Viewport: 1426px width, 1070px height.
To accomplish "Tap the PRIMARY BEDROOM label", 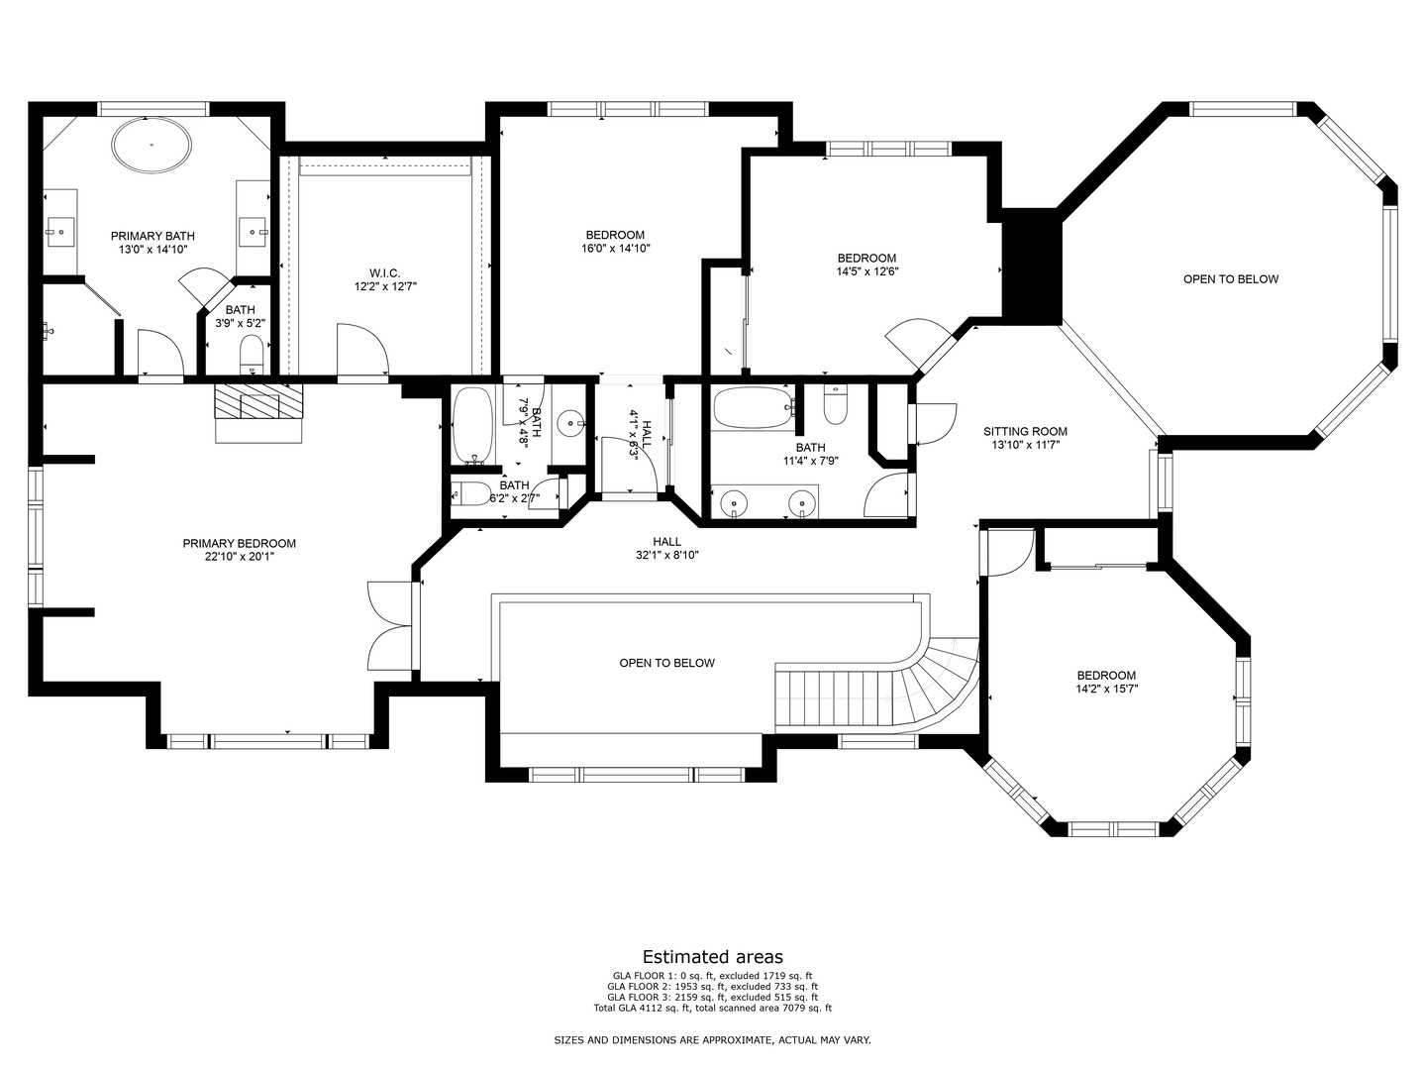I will (x=239, y=544).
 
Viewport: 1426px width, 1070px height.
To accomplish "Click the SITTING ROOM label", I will (x=1025, y=432).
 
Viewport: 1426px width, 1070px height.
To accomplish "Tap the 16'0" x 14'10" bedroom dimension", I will (x=615, y=249).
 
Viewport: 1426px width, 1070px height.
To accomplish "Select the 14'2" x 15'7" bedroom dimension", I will (x=1106, y=690).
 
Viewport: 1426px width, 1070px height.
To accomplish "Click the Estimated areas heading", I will (x=712, y=957).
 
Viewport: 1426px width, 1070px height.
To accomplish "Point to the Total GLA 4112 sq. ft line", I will (x=712, y=1009).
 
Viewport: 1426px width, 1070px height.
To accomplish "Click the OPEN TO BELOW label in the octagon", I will (x=1230, y=279).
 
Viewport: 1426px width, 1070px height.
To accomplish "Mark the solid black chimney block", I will (x=1032, y=265).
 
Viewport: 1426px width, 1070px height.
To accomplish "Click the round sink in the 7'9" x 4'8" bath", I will (x=571, y=423).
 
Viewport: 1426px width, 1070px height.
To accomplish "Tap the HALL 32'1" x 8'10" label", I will (x=666, y=548).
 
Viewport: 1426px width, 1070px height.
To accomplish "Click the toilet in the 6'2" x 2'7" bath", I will (x=469, y=493).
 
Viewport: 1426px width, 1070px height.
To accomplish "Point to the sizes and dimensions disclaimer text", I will (x=712, y=1040).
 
